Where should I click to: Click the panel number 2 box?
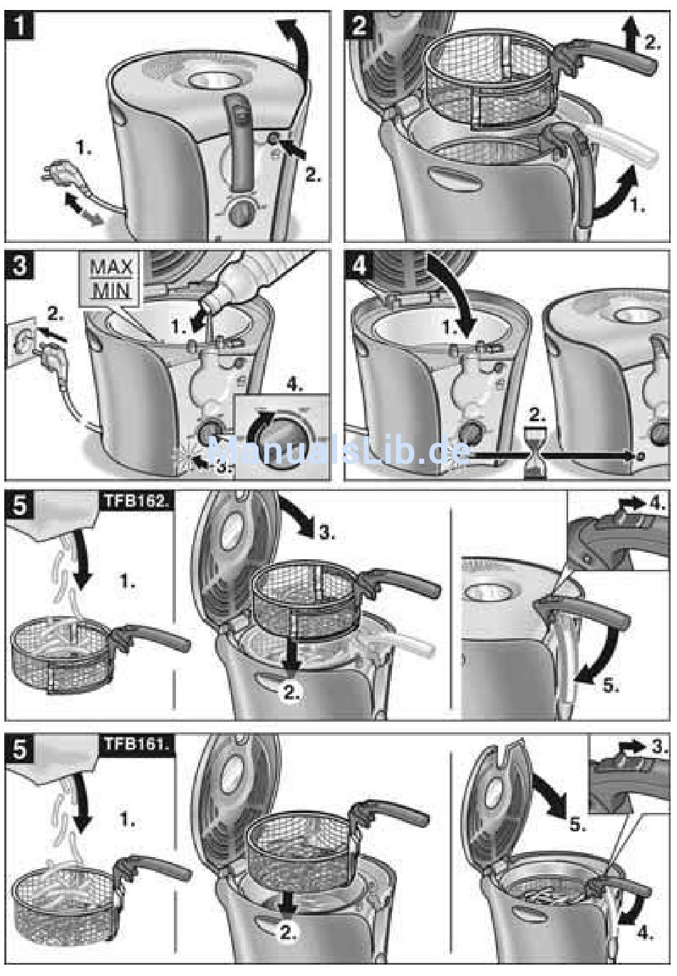click(x=359, y=27)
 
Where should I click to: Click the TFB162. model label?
click(x=135, y=500)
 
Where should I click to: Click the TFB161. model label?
click(x=135, y=745)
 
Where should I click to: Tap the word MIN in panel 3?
click(x=110, y=291)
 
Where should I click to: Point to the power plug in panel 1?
click(x=51, y=174)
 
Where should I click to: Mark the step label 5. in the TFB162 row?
click(x=610, y=686)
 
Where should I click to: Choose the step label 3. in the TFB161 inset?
click(x=657, y=747)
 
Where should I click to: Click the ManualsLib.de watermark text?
click(x=338, y=451)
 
